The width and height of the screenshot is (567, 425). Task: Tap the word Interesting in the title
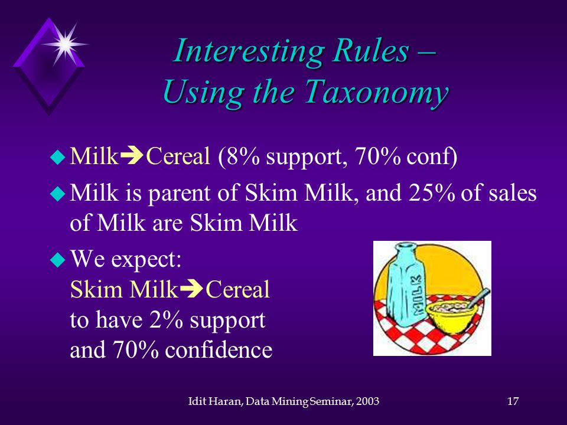(247, 51)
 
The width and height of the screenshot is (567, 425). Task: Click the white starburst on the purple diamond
(65, 44)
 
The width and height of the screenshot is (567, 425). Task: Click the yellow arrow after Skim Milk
(191, 289)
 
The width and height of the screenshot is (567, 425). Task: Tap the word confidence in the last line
(219, 349)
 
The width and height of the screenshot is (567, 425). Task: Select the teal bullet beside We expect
(58, 259)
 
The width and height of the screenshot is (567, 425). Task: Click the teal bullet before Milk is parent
(58, 192)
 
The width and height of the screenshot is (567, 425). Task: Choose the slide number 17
(513, 401)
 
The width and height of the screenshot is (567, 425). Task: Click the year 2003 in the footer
(367, 401)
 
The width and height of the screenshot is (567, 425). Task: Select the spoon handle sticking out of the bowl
(480, 297)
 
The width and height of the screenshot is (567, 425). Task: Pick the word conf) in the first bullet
(432, 157)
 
